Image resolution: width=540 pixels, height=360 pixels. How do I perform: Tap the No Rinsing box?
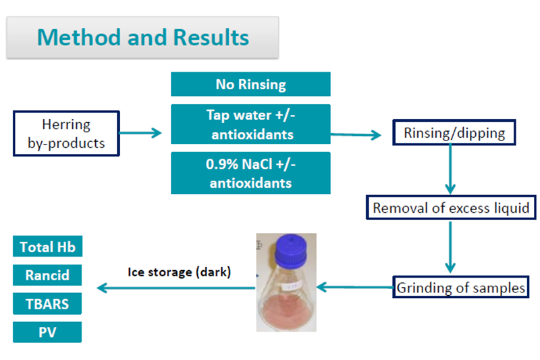coord(250,84)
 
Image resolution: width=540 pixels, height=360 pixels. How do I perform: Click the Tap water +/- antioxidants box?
coord(250,125)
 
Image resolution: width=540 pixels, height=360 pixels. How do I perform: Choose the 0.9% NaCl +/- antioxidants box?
coord(250,173)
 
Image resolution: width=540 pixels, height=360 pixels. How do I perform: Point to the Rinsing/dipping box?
coord(454,132)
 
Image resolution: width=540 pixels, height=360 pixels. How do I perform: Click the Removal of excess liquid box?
coord(451,207)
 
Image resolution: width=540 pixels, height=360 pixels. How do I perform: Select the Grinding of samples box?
coord(460,288)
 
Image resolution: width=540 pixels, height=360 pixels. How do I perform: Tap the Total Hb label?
coord(47,247)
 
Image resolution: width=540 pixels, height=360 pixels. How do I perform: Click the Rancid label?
coord(47,276)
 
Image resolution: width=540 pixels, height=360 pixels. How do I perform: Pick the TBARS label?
coord(47,304)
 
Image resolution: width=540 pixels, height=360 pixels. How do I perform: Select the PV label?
coord(47,332)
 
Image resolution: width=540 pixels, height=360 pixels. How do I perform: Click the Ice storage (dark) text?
coord(179,273)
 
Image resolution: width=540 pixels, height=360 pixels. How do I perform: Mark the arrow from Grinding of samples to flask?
coord(355,288)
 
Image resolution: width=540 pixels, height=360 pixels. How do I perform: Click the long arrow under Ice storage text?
coord(175,288)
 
